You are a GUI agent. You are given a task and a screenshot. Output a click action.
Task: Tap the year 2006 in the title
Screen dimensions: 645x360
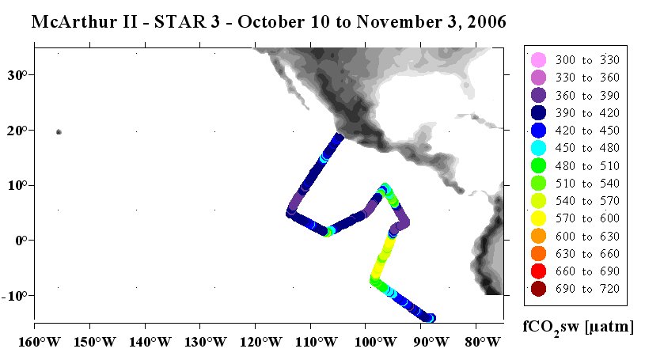coord(486,22)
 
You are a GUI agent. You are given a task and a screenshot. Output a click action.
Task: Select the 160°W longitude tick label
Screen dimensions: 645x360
coord(40,342)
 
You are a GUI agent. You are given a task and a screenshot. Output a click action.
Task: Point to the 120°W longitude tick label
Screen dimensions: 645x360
coord(260,342)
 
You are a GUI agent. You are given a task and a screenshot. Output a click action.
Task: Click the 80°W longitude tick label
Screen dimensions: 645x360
coord(480,342)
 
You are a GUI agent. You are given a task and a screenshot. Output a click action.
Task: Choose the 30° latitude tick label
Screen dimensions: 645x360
coord(17,75)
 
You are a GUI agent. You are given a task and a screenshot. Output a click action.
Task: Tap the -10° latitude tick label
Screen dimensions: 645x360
coord(14,296)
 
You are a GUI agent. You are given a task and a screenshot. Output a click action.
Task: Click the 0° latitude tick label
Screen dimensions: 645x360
coord(21,241)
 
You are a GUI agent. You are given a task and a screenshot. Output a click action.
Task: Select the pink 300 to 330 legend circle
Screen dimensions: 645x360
coord(538,60)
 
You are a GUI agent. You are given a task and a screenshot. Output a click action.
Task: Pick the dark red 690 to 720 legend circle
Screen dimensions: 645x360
coord(538,289)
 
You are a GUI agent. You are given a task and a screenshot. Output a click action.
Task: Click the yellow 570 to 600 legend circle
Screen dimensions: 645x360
coord(538,218)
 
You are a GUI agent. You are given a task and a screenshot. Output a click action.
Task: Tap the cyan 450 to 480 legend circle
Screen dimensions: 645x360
coord(538,148)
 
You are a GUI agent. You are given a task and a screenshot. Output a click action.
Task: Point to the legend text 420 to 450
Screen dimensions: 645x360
coord(587,131)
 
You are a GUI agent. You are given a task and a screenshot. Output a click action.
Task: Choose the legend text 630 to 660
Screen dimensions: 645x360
coord(587,254)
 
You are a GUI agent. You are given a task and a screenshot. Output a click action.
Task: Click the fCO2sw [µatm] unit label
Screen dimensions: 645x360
coord(578,328)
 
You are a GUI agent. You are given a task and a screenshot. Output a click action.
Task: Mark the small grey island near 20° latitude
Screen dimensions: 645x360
coord(59,132)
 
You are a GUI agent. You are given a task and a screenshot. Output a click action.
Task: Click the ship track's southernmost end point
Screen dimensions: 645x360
coord(431,318)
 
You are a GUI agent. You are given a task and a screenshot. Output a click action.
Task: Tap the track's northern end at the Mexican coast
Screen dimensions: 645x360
coord(339,137)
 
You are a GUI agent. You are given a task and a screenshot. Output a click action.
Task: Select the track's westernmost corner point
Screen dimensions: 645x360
coord(290,213)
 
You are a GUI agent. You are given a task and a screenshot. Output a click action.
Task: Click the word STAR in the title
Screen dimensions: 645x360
coord(180,22)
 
